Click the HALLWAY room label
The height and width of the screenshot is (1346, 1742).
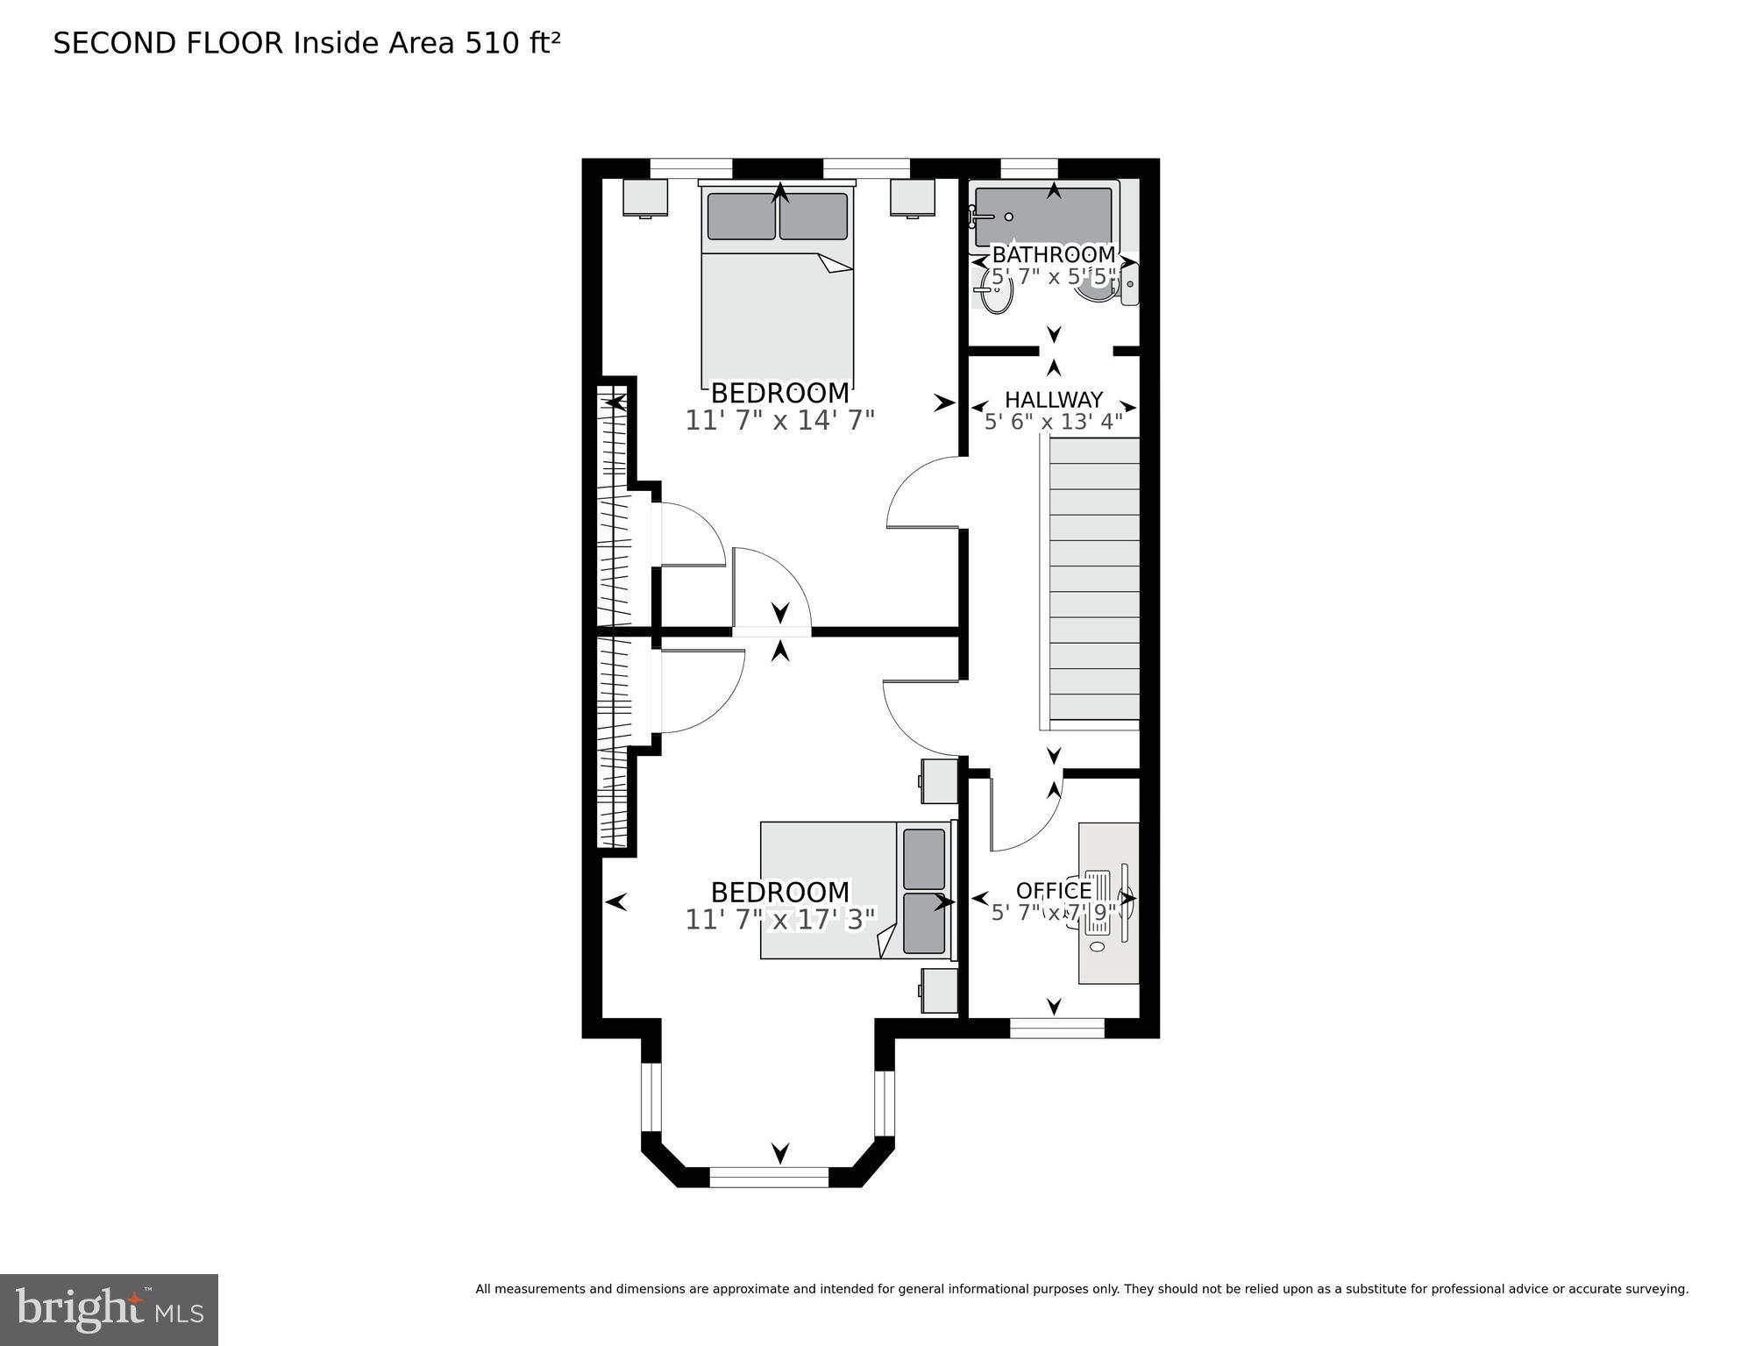coord(1053,400)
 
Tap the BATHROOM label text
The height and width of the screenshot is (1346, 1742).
coord(1053,255)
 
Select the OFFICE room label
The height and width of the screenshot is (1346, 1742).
coord(1053,891)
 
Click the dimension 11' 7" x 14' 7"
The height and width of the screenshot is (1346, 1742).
coord(779,421)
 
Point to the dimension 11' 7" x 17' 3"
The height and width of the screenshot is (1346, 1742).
coord(779,920)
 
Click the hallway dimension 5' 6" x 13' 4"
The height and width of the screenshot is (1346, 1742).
coord(1053,423)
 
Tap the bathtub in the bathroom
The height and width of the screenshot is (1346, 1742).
coord(1043,216)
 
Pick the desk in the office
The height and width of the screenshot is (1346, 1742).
coord(1108,903)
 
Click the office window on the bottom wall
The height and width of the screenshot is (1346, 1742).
coord(1056,1028)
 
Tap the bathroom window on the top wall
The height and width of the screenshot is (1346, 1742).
coord(1028,168)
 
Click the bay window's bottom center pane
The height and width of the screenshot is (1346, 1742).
coord(768,1177)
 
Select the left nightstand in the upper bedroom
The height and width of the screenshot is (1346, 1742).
coord(645,197)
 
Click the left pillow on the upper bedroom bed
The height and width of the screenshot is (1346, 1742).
coord(741,216)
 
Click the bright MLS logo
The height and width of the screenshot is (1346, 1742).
coord(109,1310)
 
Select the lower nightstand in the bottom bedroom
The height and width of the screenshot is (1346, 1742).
coord(939,991)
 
